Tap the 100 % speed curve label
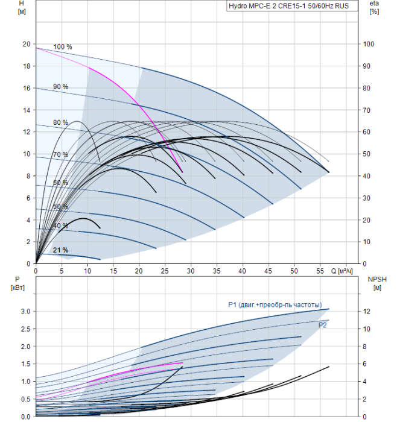(x=63, y=47)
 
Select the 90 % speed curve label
(x=60, y=87)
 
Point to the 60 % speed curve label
(x=60, y=183)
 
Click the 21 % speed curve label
(x=60, y=250)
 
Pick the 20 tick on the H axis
(x=25, y=44)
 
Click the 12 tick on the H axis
(x=25, y=132)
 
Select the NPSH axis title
(x=376, y=283)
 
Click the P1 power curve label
(x=275, y=304)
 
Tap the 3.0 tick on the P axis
(x=25, y=311)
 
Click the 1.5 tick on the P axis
(x=25, y=364)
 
